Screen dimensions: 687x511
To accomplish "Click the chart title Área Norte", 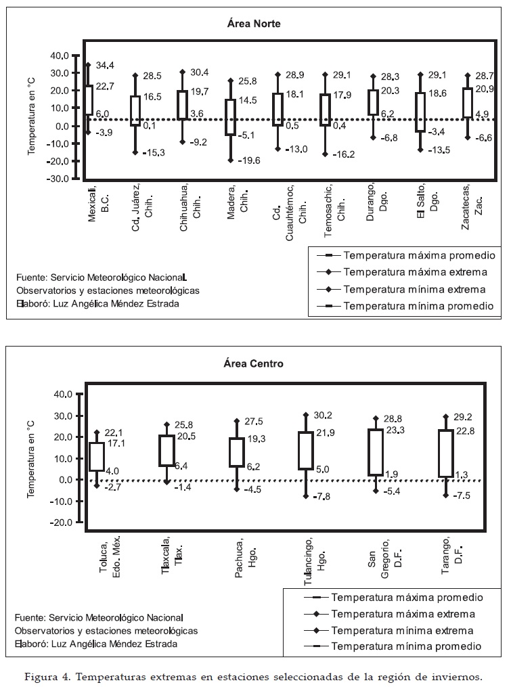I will (254, 24).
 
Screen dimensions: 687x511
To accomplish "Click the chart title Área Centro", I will (254, 363).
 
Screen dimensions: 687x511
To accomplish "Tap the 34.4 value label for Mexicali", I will (105, 65).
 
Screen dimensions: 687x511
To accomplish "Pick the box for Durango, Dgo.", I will (372, 102).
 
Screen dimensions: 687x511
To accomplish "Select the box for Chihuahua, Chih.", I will (183, 105).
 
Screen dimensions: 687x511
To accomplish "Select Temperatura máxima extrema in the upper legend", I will (415, 272).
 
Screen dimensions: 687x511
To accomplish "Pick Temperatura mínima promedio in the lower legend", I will (406, 646).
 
